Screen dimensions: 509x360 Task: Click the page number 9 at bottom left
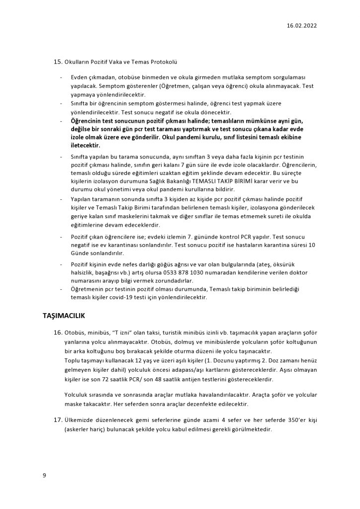[x=44, y=476]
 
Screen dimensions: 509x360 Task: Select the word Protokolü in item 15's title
[x=164, y=62]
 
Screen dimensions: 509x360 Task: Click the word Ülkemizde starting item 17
[x=82, y=420]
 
